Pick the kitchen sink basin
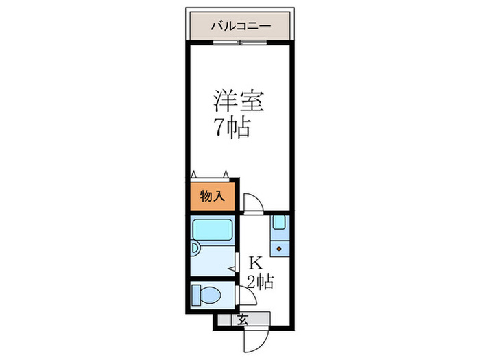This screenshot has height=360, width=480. (279, 224)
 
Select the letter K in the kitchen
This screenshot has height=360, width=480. (255, 263)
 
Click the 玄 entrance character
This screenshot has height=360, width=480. (243, 319)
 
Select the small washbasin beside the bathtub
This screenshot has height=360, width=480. (197, 251)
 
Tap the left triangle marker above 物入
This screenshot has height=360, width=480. (195, 174)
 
